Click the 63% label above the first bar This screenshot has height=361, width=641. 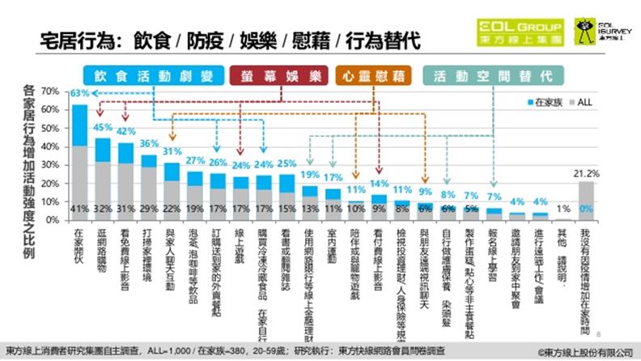[x=79, y=94]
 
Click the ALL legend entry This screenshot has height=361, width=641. [x=581, y=103]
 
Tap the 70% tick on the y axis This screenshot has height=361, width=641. [x=50, y=91]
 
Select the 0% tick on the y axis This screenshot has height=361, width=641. [x=53, y=220]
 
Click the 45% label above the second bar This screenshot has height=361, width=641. [x=103, y=127]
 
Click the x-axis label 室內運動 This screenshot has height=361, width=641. [x=333, y=244]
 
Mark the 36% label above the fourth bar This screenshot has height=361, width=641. [x=149, y=144]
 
